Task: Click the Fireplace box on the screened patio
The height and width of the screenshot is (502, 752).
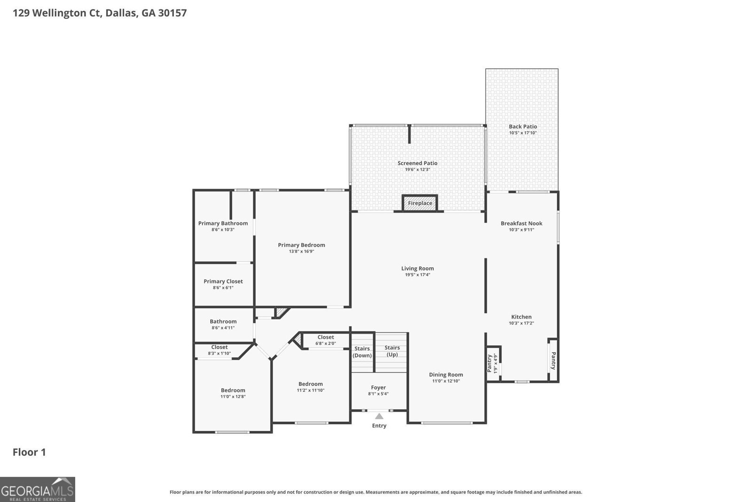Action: pyautogui.click(x=420, y=203)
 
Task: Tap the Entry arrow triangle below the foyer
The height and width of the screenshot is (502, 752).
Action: pyautogui.click(x=379, y=416)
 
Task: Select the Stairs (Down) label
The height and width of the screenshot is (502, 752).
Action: pyautogui.click(x=362, y=352)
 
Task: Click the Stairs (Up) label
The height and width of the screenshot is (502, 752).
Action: pyautogui.click(x=392, y=351)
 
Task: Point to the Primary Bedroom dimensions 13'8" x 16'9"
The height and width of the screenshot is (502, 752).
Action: pyautogui.click(x=301, y=252)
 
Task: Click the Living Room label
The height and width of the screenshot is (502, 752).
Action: pyautogui.click(x=417, y=269)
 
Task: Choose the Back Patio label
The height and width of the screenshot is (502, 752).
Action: pyautogui.click(x=523, y=127)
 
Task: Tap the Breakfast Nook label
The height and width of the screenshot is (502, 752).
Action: pyautogui.click(x=521, y=223)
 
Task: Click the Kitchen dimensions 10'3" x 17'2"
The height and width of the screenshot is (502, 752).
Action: pyautogui.click(x=521, y=323)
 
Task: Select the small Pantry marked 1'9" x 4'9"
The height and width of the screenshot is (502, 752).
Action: pyautogui.click(x=493, y=364)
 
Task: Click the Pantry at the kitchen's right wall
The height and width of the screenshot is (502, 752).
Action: pyautogui.click(x=553, y=360)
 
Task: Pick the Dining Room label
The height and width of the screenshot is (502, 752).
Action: pyautogui.click(x=446, y=375)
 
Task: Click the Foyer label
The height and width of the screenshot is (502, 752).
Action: pyautogui.click(x=378, y=388)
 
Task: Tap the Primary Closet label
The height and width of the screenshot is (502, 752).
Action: pyautogui.click(x=223, y=281)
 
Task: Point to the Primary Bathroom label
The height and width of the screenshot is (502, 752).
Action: pyautogui.click(x=223, y=223)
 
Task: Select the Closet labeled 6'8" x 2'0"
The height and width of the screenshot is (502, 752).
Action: pyautogui.click(x=326, y=340)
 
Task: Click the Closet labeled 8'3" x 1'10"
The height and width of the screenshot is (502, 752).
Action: pyautogui.click(x=219, y=350)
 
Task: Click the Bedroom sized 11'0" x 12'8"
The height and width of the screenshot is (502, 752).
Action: pyautogui.click(x=233, y=393)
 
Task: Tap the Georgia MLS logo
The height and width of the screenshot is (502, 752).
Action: pyautogui.click(x=38, y=490)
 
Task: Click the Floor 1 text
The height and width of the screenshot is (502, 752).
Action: pyautogui.click(x=29, y=452)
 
